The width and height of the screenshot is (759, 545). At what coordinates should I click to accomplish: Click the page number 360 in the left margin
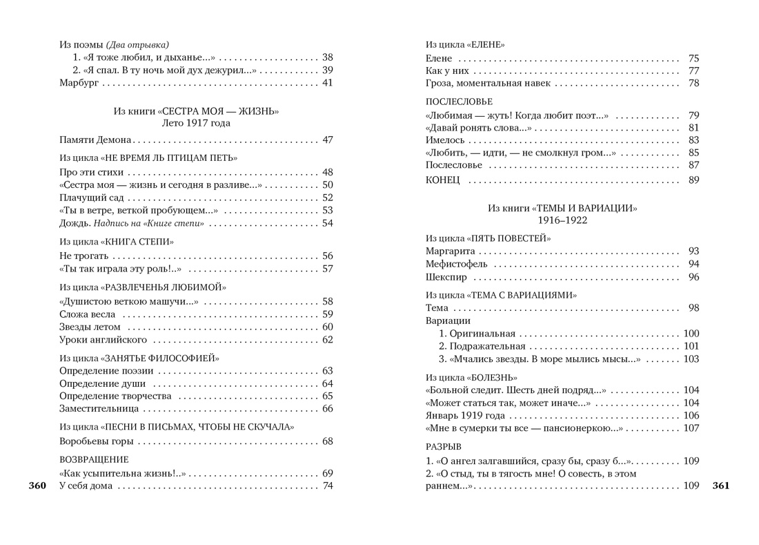pyautogui.click(x=37, y=486)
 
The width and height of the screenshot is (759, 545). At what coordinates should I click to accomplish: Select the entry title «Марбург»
pyautogui.click(x=79, y=83)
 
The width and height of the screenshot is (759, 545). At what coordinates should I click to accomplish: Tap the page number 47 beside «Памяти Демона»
pyautogui.click(x=327, y=140)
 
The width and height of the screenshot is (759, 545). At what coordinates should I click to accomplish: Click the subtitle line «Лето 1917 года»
pyautogui.click(x=196, y=124)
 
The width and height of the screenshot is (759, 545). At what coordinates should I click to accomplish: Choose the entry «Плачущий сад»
pyautogui.click(x=86, y=198)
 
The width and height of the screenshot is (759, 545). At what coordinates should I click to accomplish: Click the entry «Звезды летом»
pyautogui.click(x=90, y=327)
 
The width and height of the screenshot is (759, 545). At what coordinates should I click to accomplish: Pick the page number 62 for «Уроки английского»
pyautogui.click(x=327, y=340)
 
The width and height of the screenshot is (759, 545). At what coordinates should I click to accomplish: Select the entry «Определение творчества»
pyautogui.click(x=115, y=396)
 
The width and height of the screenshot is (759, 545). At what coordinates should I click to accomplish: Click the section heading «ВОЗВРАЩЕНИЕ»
pyautogui.click(x=94, y=459)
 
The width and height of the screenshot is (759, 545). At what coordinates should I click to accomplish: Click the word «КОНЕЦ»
pyautogui.click(x=442, y=180)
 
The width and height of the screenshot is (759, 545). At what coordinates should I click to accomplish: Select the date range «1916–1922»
pyautogui.click(x=562, y=220)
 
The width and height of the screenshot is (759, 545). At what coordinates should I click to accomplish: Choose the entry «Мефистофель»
pyautogui.click(x=456, y=264)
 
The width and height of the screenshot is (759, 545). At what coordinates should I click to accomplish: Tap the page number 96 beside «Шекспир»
pyautogui.click(x=693, y=277)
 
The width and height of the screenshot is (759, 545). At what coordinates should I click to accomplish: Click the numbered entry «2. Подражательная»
pyautogui.click(x=482, y=346)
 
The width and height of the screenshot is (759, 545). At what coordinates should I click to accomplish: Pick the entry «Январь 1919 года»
pyautogui.click(x=465, y=415)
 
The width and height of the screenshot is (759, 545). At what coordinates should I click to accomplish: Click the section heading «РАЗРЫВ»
pyautogui.click(x=443, y=447)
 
